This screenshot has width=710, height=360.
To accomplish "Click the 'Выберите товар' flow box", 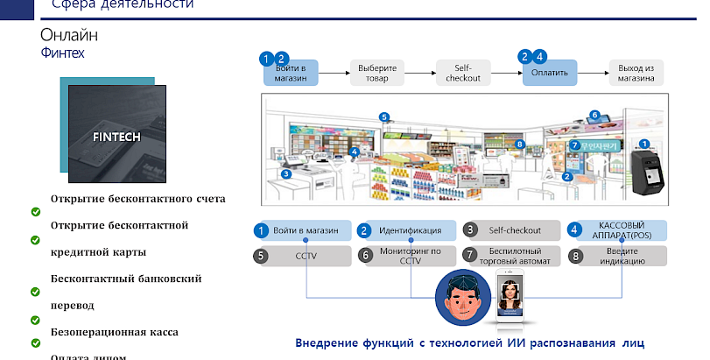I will click(379, 73).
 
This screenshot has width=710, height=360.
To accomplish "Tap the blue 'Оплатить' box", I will click(551, 73).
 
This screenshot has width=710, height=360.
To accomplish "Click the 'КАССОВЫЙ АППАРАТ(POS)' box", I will click(621, 230).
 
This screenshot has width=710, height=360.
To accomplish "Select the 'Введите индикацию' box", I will click(621, 256).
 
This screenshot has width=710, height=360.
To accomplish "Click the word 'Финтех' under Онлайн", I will click(62, 53).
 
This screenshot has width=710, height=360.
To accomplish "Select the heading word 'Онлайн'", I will click(69, 35).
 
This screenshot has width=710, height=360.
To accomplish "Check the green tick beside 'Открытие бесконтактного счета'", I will click(36, 211).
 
